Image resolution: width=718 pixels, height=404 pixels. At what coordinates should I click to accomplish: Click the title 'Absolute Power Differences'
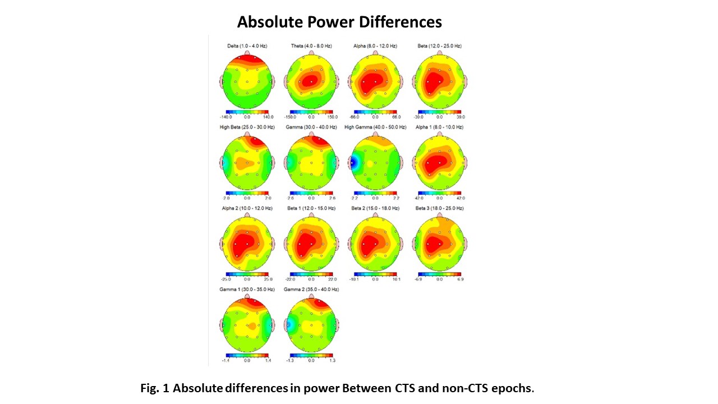tap(339, 22)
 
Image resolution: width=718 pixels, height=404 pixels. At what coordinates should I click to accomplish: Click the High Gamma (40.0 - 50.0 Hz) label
tap(375, 127)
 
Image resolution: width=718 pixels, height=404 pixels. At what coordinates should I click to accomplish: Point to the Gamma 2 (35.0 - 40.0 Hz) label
tap(311, 290)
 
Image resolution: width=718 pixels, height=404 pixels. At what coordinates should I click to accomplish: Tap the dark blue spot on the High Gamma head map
tap(353, 163)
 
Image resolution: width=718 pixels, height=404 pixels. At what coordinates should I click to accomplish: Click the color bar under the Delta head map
tap(247, 112)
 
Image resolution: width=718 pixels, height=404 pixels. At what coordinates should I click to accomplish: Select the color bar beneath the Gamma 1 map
tap(247, 355)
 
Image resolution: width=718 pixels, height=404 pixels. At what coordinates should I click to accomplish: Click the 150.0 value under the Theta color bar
tap(333, 117)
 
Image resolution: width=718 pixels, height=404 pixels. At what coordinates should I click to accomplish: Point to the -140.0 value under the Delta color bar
tap(227, 117)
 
